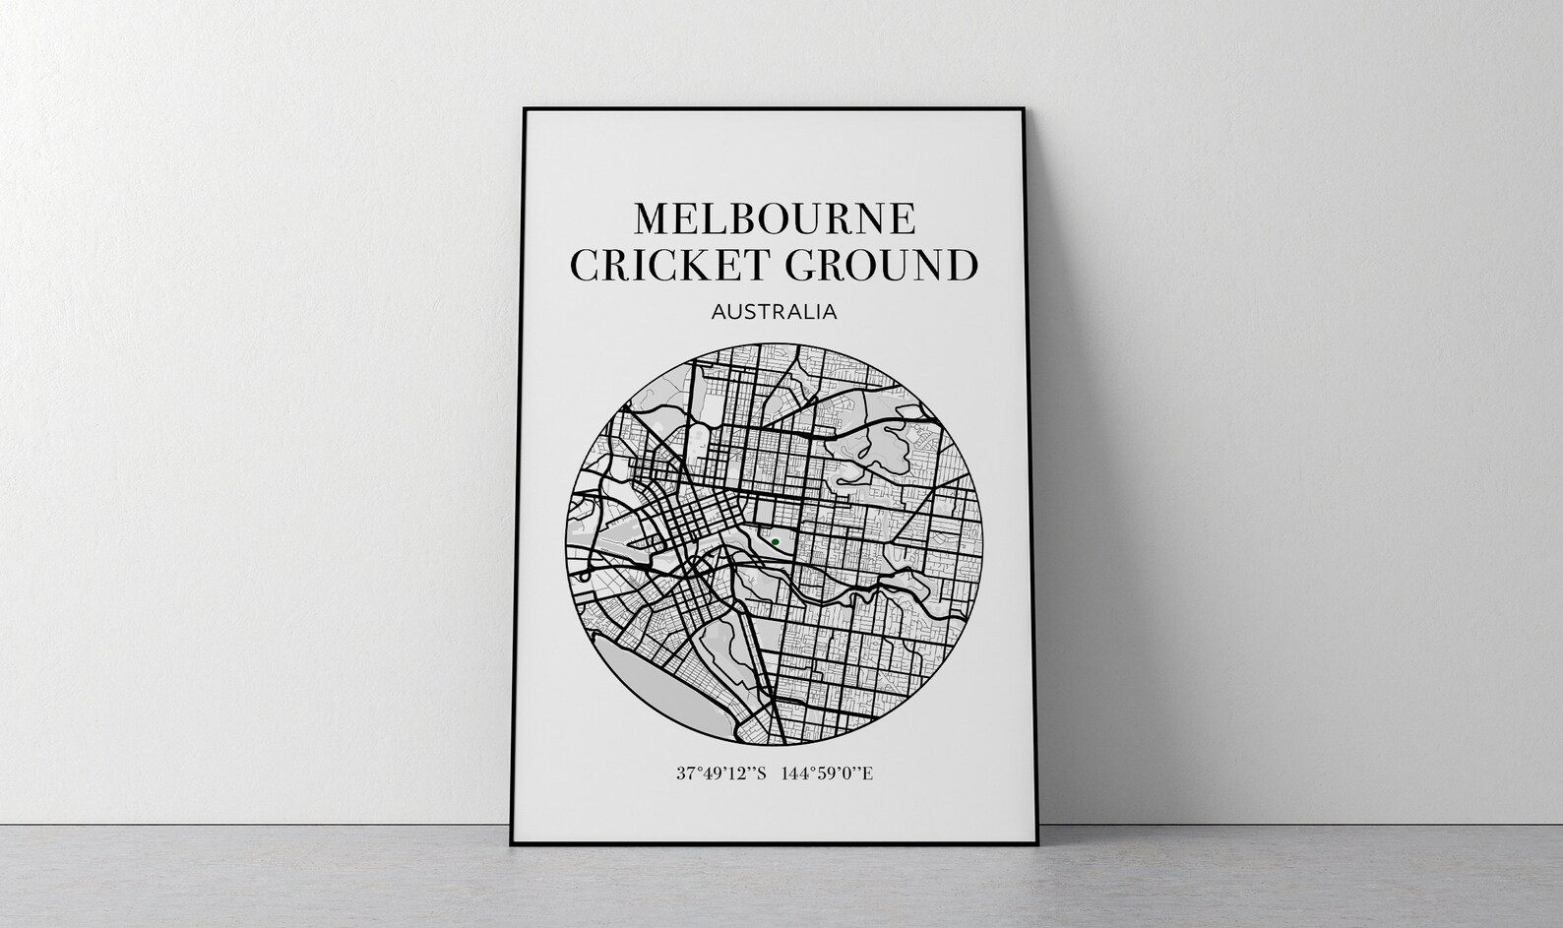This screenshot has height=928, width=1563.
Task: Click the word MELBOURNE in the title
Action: click(x=775, y=218)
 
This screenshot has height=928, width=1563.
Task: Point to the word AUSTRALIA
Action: click(x=774, y=312)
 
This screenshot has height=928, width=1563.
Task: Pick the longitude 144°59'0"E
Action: click(x=827, y=773)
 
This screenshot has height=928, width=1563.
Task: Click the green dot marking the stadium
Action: click(x=775, y=541)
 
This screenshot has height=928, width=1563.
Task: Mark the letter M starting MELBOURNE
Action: click(x=654, y=218)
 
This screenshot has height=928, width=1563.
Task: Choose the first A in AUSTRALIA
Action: click(x=717, y=312)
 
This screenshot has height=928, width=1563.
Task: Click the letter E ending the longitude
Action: click(x=867, y=773)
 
